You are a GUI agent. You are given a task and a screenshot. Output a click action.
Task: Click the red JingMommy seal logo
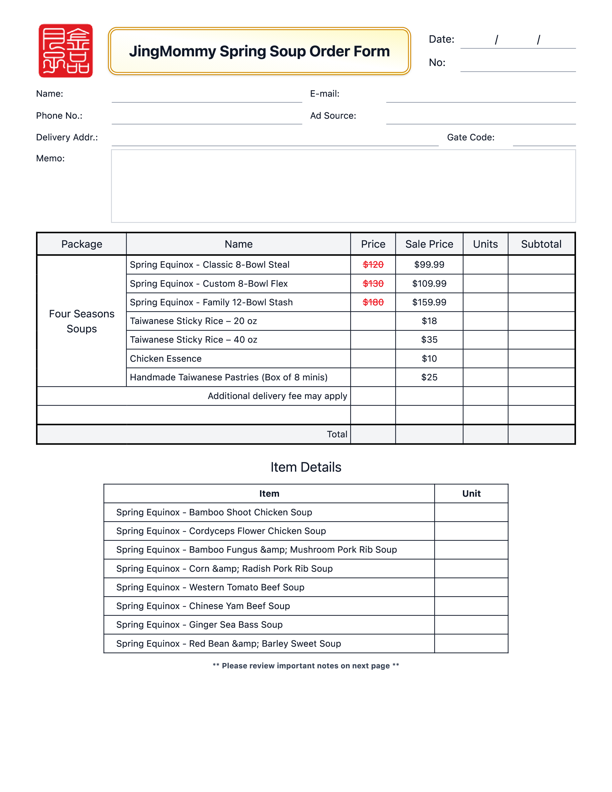(66, 51)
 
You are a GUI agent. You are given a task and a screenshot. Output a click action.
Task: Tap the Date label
(441, 39)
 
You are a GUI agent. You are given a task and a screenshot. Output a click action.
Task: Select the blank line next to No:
(518, 65)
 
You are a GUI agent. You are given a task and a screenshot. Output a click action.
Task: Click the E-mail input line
(481, 96)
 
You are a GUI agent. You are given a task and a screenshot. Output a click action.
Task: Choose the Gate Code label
(471, 137)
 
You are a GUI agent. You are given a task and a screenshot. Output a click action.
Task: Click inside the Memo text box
(343, 186)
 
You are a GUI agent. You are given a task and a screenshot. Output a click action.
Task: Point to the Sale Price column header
(429, 244)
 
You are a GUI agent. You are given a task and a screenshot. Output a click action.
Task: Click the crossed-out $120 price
(373, 265)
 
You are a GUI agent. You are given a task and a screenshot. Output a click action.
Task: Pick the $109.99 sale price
(429, 284)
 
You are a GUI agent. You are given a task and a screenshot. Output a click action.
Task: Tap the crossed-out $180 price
(373, 302)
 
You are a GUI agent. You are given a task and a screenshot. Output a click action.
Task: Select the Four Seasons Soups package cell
(82, 321)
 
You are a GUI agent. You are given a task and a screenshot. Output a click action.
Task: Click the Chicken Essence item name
(166, 359)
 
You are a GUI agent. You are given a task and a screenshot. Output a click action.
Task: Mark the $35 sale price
(429, 340)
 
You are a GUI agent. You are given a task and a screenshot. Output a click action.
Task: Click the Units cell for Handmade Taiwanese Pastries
(485, 378)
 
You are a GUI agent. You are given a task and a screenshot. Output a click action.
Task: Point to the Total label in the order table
(337, 434)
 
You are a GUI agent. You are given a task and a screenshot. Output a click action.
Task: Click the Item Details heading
(306, 467)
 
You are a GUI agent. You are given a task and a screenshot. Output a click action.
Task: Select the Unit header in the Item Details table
(471, 494)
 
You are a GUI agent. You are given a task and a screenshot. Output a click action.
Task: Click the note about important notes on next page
(306, 666)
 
